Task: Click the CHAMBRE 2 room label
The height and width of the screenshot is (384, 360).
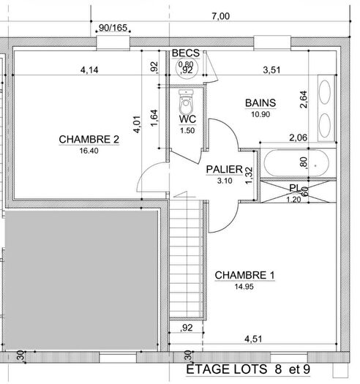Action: (x=89, y=139)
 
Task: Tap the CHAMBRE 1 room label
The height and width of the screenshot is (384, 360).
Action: (x=244, y=275)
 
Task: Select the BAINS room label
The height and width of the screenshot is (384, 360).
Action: (x=260, y=105)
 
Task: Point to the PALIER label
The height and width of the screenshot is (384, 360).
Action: (x=224, y=169)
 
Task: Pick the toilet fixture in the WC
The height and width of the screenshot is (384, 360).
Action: (x=187, y=98)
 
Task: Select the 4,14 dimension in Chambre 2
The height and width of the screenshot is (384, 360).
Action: (x=89, y=70)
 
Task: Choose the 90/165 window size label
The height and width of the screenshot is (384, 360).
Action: (x=112, y=28)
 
